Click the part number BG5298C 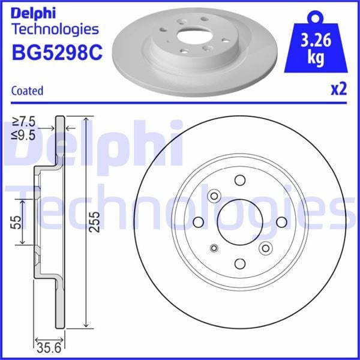[x=57, y=53]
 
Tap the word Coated [x=27, y=91]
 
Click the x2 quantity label [x=338, y=89]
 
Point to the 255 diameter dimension [x=95, y=222]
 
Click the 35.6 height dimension [x=49, y=348]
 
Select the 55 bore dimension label [x=16, y=222]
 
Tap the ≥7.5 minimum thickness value [x=23, y=122]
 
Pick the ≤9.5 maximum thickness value [x=23, y=135]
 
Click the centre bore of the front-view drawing [x=240, y=222]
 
